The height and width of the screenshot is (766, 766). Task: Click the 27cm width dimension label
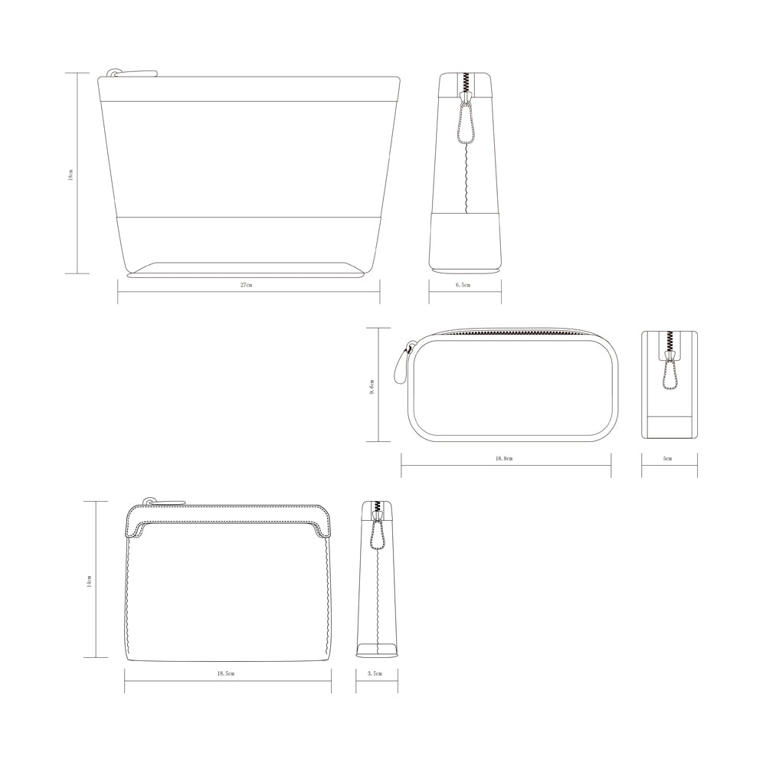click(x=246, y=284)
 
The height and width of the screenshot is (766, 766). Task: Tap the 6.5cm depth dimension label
click(x=463, y=284)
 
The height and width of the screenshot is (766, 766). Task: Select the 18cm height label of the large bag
click(x=70, y=175)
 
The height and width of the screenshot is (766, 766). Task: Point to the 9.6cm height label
click(x=372, y=387)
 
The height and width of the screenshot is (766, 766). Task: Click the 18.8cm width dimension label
click(x=504, y=458)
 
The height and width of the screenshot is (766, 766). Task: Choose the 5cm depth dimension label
click(x=667, y=458)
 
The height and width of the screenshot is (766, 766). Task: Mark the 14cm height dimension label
click(x=89, y=581)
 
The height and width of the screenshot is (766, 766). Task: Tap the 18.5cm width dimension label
click(x=226, y=673)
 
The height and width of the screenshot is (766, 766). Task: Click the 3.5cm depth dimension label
click(x=375, y=673)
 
